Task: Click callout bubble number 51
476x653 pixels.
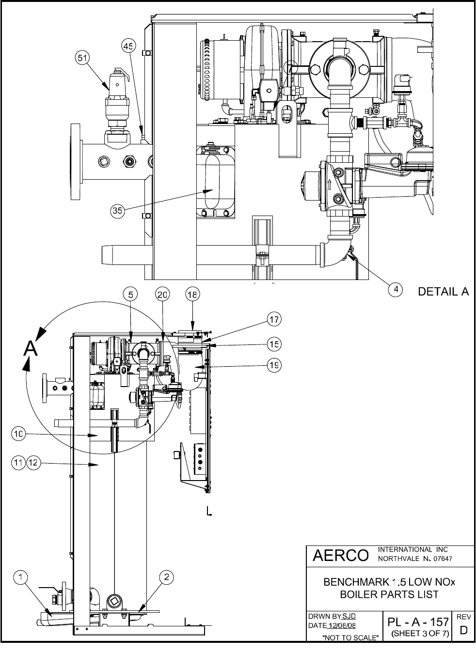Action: point(82,58)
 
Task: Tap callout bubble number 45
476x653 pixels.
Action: point(128,46)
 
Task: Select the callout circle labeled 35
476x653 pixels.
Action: point(117,210)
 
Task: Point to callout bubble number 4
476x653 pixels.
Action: point(396,290)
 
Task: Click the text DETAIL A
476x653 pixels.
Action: point(444,292)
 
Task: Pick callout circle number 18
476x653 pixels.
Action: point(192,295)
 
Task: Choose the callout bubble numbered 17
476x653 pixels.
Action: point(274,320)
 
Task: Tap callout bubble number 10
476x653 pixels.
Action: point(18,434)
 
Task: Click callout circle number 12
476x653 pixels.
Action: point(33,462)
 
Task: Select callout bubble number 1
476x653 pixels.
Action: point(21,577)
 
